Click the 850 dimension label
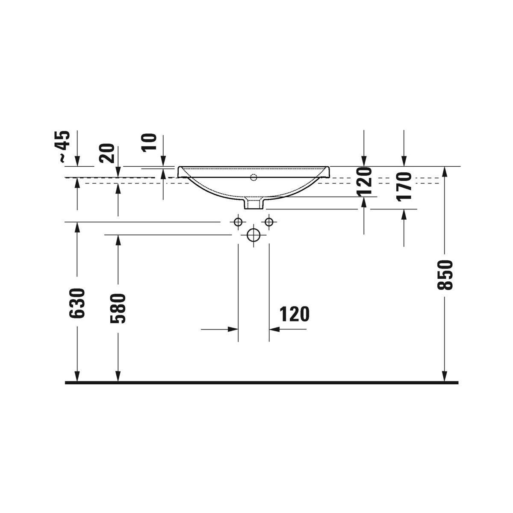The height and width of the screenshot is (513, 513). (x=445, y=275)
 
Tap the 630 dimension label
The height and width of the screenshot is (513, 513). (x=77, y=303)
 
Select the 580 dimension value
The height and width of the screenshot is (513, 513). (x=118, y=308)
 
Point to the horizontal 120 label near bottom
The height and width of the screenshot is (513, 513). (x=295, y=314)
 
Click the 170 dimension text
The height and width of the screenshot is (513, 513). (x=404, y=186)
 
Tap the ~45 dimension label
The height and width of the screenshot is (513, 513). (x=65, y=146)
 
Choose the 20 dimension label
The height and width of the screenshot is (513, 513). (x=106, y=153)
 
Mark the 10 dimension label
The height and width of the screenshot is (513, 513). (x=149, y=143)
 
